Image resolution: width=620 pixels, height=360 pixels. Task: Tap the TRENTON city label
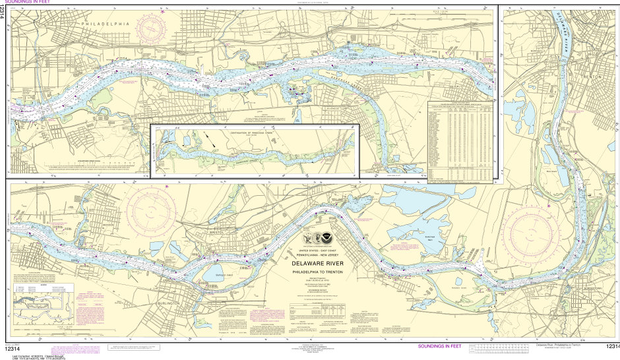point(589,76)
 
